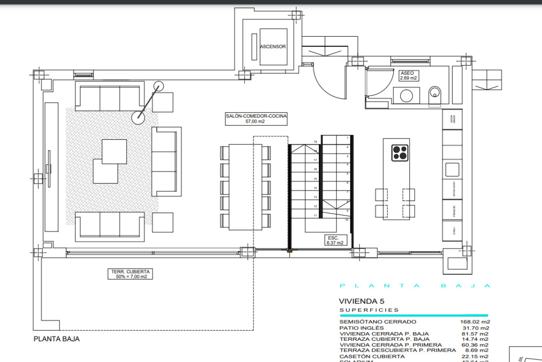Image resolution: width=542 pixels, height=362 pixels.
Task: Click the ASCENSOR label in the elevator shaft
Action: (273, 47)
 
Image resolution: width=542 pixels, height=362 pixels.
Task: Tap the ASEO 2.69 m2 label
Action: (407, 76)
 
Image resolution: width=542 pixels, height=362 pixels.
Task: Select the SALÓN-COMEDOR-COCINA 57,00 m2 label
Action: (256, 119)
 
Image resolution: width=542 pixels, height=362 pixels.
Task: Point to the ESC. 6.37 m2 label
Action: (334, 240)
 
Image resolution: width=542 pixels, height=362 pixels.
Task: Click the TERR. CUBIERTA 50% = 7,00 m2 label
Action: (130, 274)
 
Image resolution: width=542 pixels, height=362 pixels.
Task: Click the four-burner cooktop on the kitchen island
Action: (400, 152)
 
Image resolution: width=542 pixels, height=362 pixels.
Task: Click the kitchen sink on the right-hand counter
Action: (452, 170)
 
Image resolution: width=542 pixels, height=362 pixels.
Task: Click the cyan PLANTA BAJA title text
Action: (415, 286)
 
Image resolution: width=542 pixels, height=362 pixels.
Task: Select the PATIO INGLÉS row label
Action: (362, 328)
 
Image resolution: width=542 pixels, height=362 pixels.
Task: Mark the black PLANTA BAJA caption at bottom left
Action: (56, 338)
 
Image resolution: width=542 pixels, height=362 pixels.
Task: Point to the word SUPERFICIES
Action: (369, 310)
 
